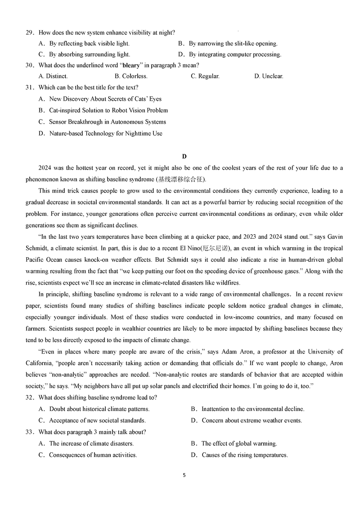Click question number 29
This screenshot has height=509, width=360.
29,32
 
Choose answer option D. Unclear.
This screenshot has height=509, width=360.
269,76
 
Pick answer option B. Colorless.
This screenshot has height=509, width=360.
131,76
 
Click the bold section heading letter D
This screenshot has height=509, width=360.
184,156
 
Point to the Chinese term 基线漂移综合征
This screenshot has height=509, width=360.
180,179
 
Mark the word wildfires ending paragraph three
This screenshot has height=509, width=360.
227,283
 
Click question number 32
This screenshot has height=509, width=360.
29,397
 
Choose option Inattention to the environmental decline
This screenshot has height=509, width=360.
253,409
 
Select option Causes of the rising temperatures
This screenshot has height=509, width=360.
244,455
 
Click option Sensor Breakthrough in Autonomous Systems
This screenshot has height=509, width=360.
107,122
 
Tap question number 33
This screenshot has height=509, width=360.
29,432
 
